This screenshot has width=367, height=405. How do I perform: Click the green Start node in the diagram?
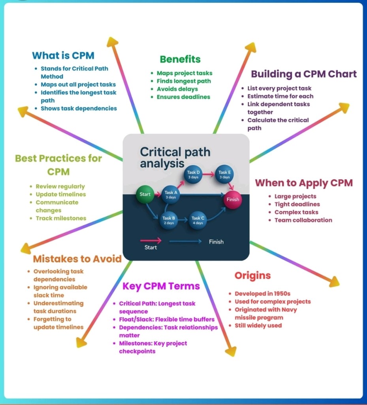click(145, 194)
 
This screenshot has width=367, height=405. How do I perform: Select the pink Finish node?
click(232, 200)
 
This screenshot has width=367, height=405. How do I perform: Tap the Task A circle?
click(171, 194)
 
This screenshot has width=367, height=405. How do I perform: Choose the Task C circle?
click(198, 220)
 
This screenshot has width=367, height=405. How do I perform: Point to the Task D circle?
click(193, 174)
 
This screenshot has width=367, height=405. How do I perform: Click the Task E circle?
click(224, 174)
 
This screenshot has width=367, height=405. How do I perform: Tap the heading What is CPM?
click(63, 55)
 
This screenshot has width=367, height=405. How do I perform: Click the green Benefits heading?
click(180, 59)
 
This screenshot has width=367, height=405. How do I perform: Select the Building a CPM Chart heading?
click(304, 74)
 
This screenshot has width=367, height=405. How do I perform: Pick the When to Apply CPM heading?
click(303, 183)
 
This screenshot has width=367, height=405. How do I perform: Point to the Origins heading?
click(252, 276)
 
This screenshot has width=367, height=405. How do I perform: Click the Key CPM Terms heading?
click(161, 286)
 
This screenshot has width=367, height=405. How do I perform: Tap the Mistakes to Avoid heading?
click(77, 259)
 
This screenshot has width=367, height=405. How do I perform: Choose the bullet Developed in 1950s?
click(262, 293)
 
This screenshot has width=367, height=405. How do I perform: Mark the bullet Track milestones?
click(61, 218)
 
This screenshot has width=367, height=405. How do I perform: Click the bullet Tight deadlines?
click(297, 204)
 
